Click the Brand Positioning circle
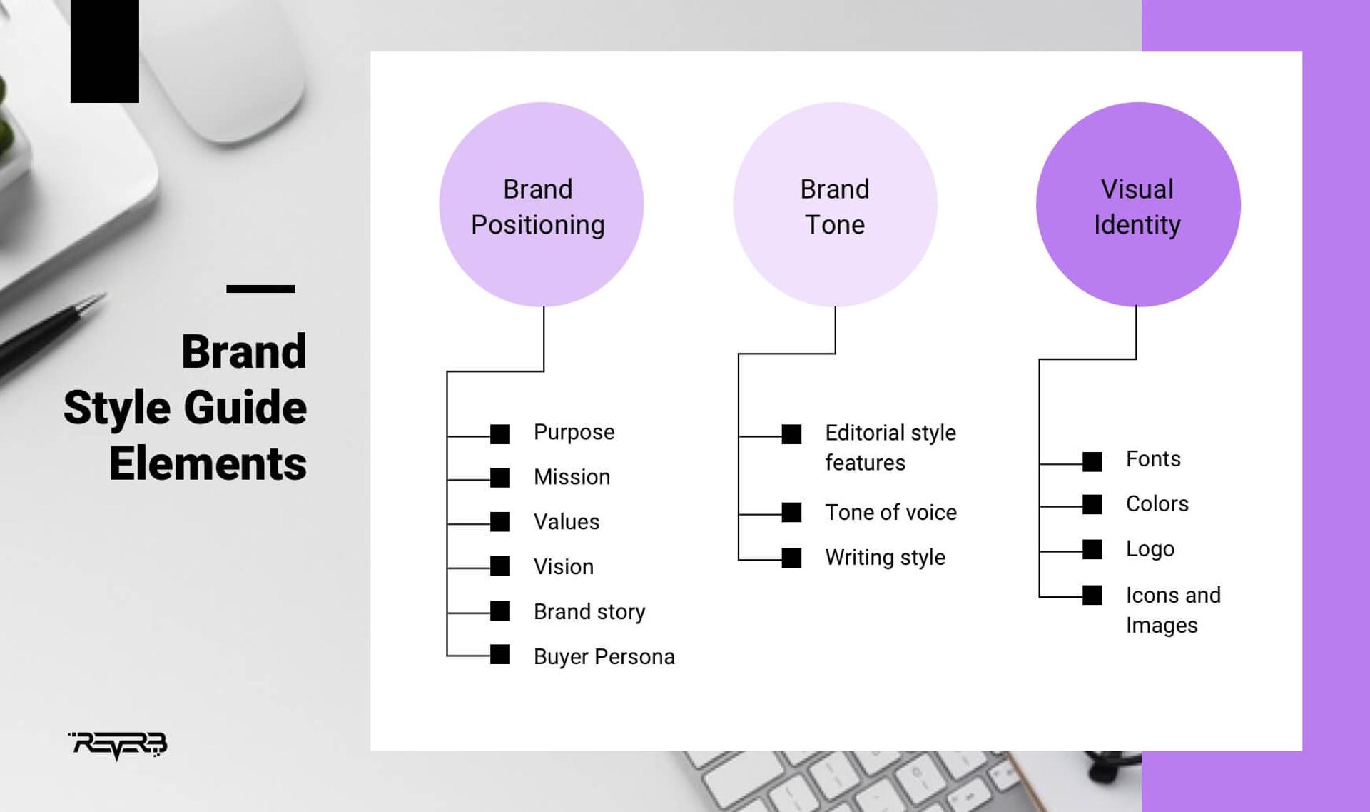541,205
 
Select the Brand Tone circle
834,205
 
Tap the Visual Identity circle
1137,205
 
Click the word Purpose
574,432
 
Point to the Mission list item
572,477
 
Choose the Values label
566,522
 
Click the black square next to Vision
500,566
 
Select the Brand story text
589,612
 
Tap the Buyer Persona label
604,657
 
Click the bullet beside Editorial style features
791,434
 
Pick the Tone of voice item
890,513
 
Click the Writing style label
885,558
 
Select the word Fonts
1153,459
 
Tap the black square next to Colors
1092,505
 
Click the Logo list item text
1150,549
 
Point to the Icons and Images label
1172,610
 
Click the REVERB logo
118,745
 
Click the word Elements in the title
208,464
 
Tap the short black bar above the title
260,289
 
